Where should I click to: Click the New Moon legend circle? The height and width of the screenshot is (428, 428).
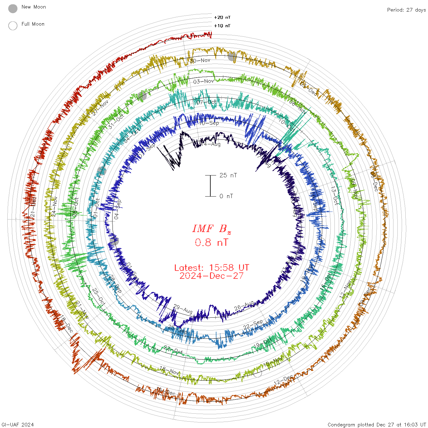[13, 9]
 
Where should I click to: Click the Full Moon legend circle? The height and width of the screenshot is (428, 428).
[13, 26]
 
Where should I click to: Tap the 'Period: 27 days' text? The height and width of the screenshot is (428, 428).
[406, 10]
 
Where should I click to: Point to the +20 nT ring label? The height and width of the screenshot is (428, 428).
[222, 17]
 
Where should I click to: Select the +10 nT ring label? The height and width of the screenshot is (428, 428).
[222, 26]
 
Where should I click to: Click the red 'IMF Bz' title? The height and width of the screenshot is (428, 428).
[212, 229]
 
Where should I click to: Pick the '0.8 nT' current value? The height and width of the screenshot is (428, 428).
[212, 242]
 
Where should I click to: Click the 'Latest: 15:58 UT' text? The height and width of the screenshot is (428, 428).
[212, 268]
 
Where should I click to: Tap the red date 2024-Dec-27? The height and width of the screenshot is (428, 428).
[212, 276]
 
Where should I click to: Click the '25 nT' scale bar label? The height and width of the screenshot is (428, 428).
[228, 175]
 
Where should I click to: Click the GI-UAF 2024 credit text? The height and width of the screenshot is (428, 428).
[17, 425]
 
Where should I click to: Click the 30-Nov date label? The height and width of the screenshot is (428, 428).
[200, 61]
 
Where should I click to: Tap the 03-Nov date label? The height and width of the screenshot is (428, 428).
[204, 81]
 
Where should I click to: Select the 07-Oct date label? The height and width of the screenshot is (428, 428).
[206, 102]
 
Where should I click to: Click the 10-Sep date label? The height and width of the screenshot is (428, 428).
[209, 123]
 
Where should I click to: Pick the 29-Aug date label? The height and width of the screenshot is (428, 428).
[183, 309]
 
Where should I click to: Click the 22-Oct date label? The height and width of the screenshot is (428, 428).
[173, 350]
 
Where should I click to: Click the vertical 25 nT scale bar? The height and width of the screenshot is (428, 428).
[210, 186]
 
